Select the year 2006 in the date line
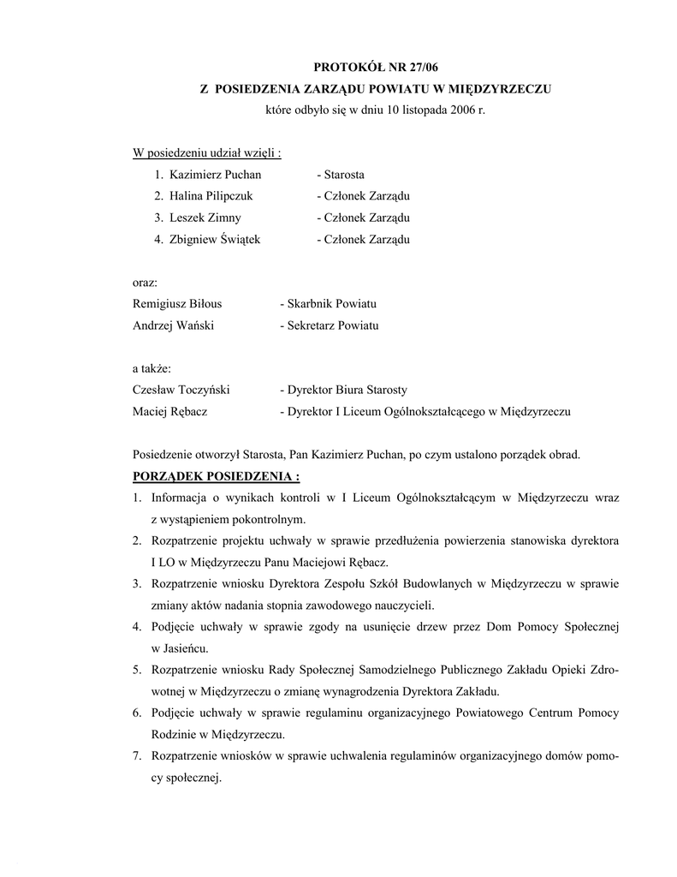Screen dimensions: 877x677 [x=451, y=111]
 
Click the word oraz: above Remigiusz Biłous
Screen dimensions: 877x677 [x=145, y=283]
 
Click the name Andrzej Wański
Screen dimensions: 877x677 [x=173, y=325]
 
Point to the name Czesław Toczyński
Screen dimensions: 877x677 [x=181, y=390]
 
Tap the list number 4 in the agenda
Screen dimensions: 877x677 [x=137, y=627]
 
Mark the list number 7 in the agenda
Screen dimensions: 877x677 [x=137, y=756]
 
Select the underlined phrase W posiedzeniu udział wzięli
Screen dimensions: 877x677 [x=206, y=153]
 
